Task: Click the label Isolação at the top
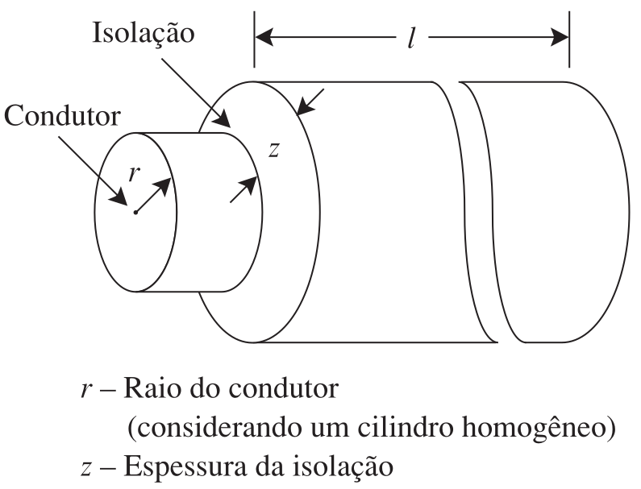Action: pos(144,34)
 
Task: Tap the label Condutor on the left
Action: pos(63,116)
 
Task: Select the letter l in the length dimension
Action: pos(412,39)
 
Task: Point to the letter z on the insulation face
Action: pos(273,150)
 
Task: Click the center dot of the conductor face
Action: pos(135,213)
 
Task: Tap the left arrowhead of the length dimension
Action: pos(264,37)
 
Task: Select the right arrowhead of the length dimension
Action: pos(560,37)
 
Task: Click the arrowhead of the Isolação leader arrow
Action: pos(222,118)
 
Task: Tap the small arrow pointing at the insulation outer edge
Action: pos(310,102)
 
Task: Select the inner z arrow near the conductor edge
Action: pos(244,189)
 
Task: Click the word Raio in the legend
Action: pos(152,388)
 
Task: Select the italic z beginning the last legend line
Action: pos(85,469)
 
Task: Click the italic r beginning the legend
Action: pos(85,390)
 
